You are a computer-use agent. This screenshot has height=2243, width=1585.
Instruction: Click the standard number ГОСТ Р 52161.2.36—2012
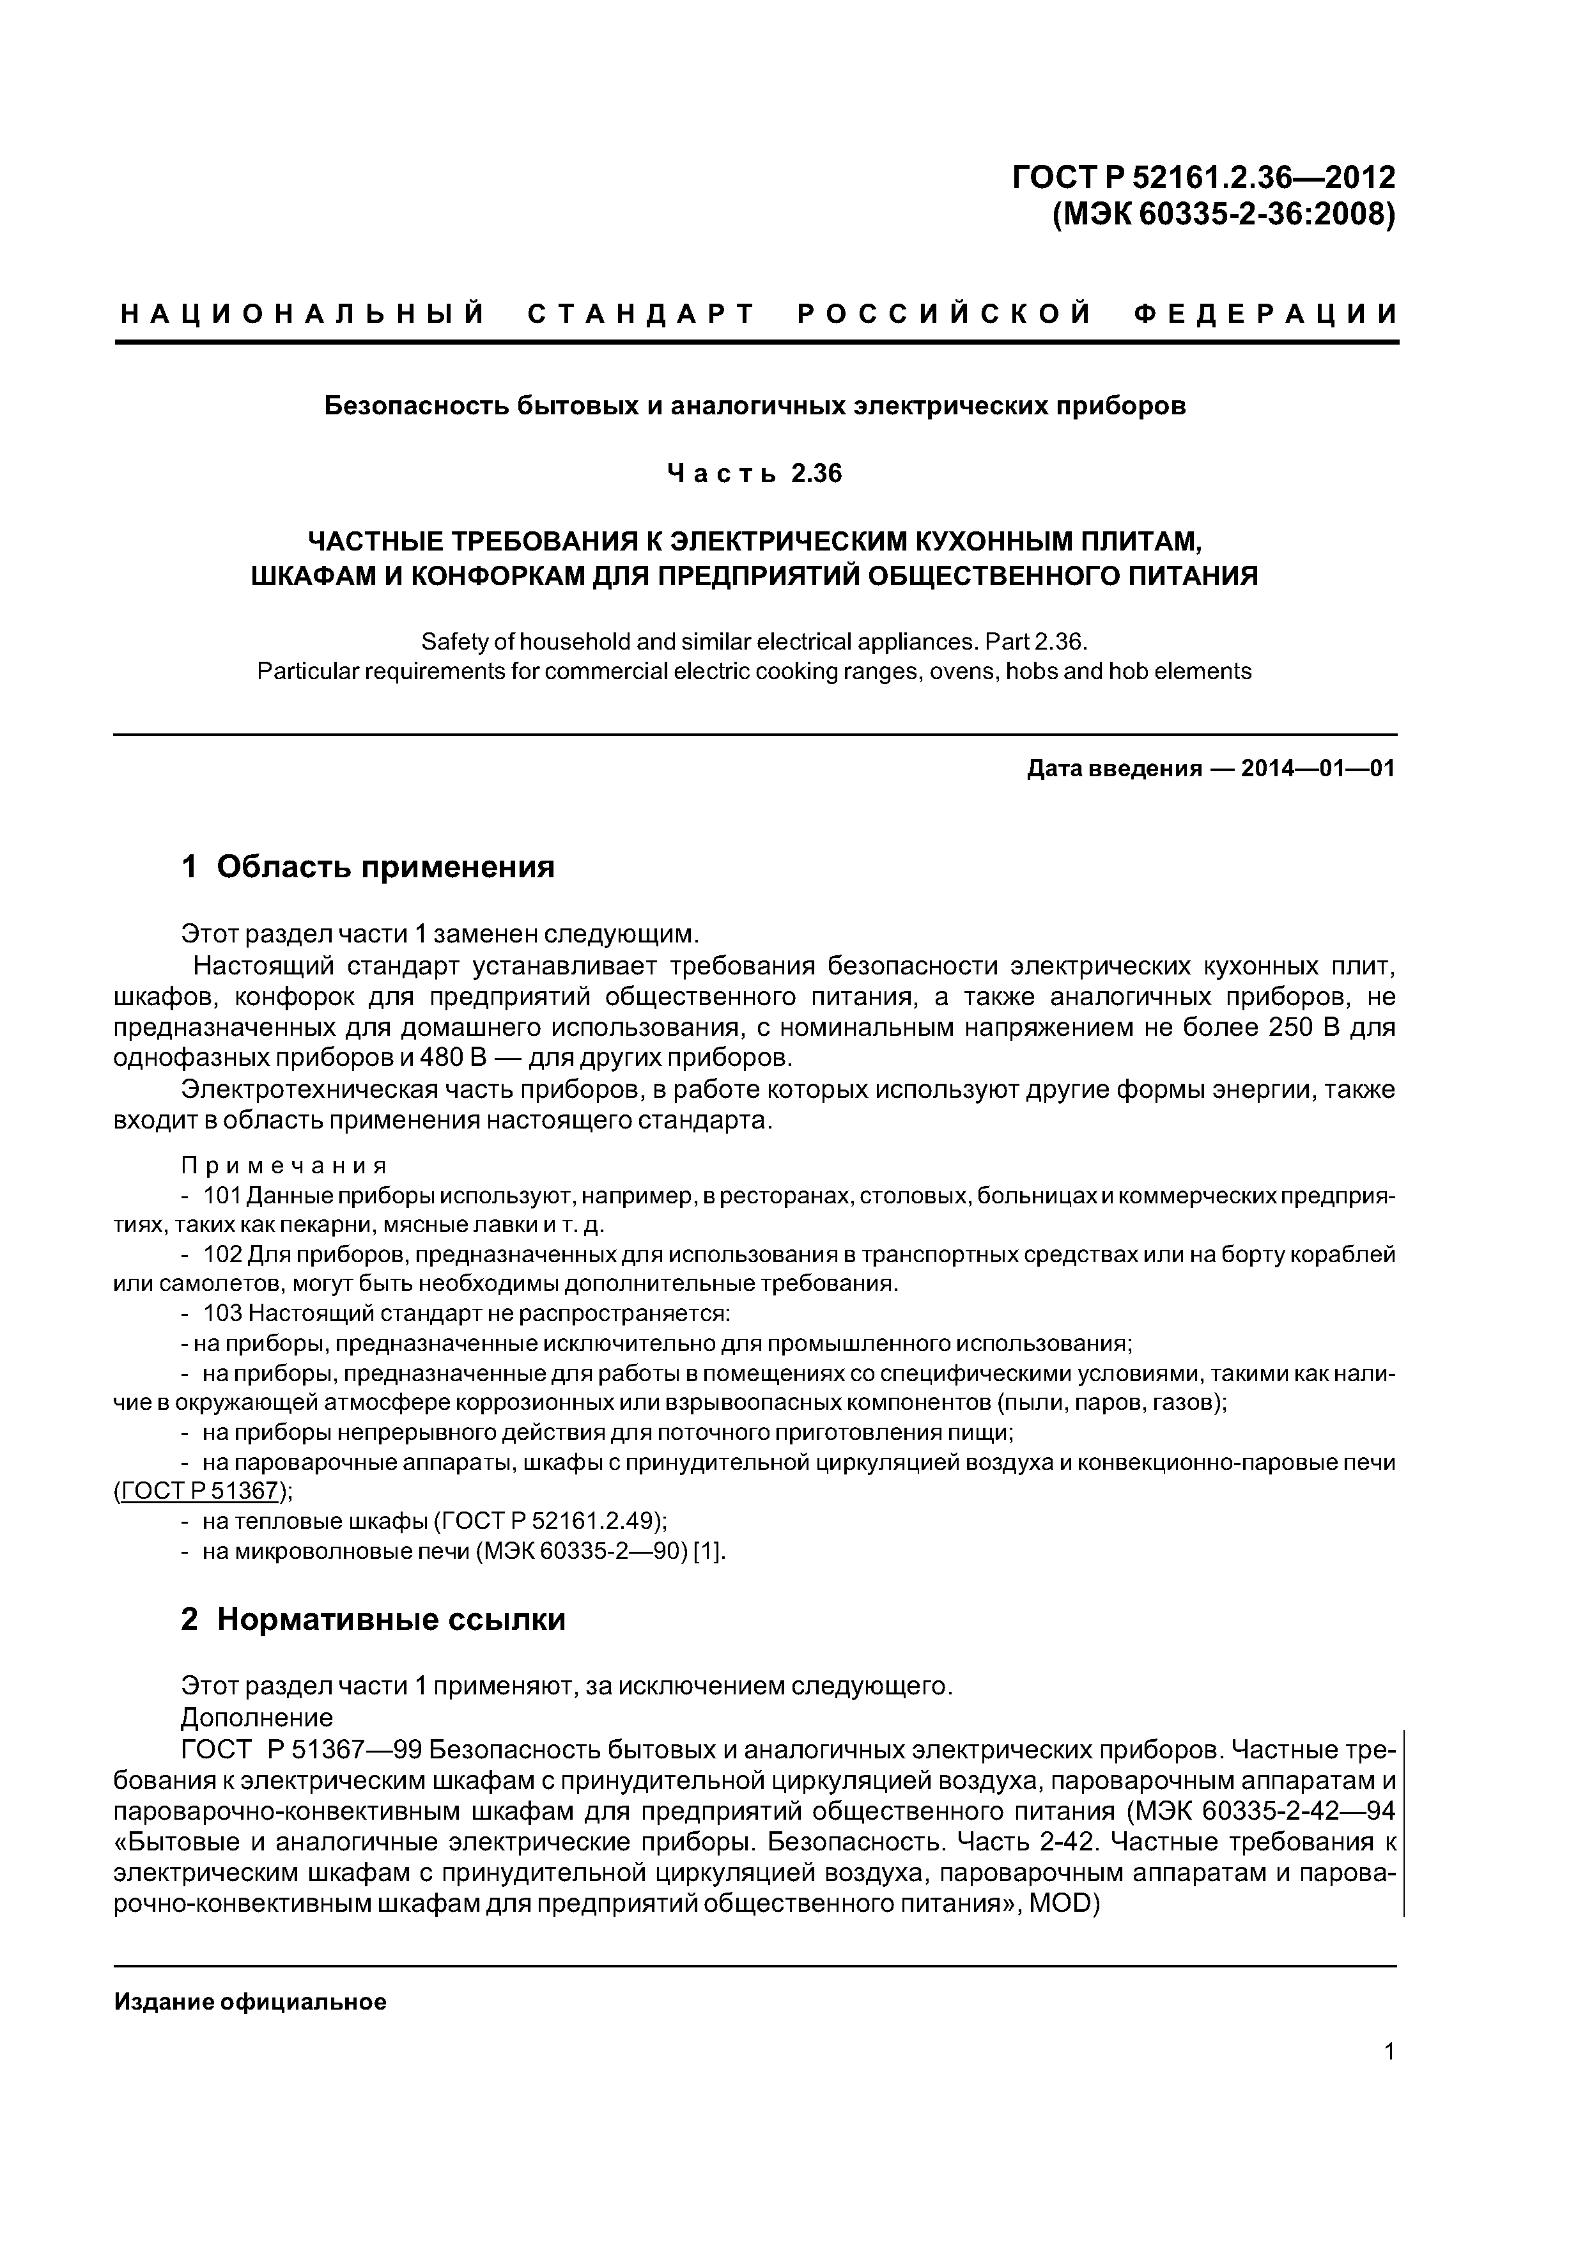point(1203,177)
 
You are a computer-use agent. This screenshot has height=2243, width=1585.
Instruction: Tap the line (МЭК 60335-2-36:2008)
point(1223,213)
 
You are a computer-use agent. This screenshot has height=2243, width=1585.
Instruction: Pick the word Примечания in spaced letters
point(284,1166)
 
